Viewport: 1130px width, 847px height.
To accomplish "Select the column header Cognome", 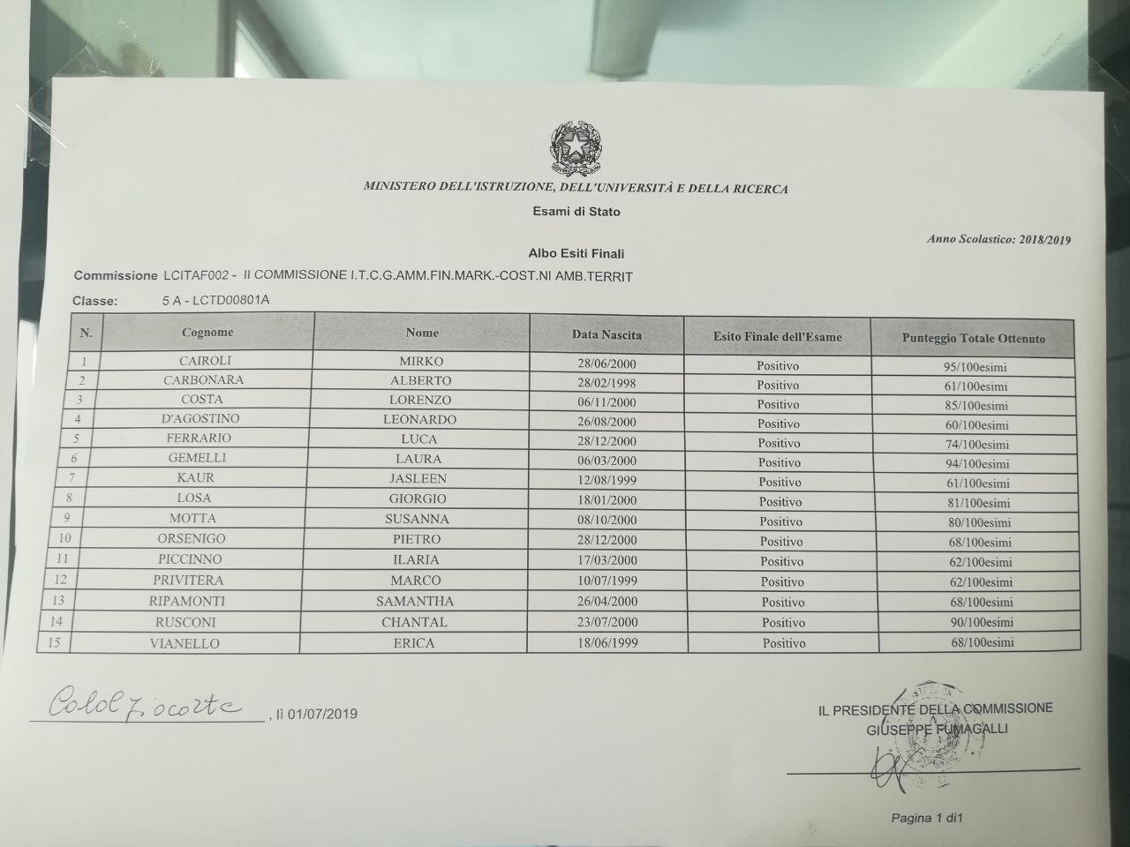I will pos(207,333).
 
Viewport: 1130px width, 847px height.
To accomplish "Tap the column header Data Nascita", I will pos(606,335).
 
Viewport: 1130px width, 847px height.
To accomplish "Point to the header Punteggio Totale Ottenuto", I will pos(973,339).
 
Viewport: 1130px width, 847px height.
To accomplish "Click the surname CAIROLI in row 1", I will pos(206,361).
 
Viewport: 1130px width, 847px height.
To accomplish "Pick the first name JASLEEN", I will pos(418,478).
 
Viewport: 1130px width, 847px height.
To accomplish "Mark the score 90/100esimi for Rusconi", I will pos(983,623).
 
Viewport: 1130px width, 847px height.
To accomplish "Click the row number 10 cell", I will pos(64,538).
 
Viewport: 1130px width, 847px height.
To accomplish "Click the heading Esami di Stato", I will pos(576,212).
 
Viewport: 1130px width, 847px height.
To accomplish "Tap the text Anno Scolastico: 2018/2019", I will pos(998,239).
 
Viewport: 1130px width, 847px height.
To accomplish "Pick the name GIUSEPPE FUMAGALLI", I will pos(937,729).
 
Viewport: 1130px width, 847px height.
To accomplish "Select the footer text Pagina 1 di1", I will pos(926,818).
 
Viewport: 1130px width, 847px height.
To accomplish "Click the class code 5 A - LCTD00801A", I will pos(215,300).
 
